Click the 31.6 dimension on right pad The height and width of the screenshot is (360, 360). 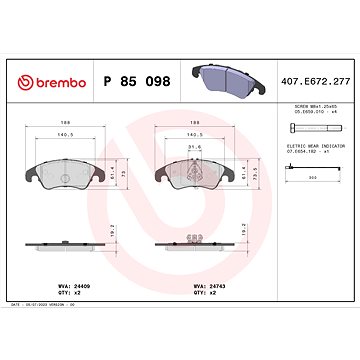pyautogui.click(x=193, y=153)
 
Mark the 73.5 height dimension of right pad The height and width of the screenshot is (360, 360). pyautogui.click(x=256, y=173)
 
